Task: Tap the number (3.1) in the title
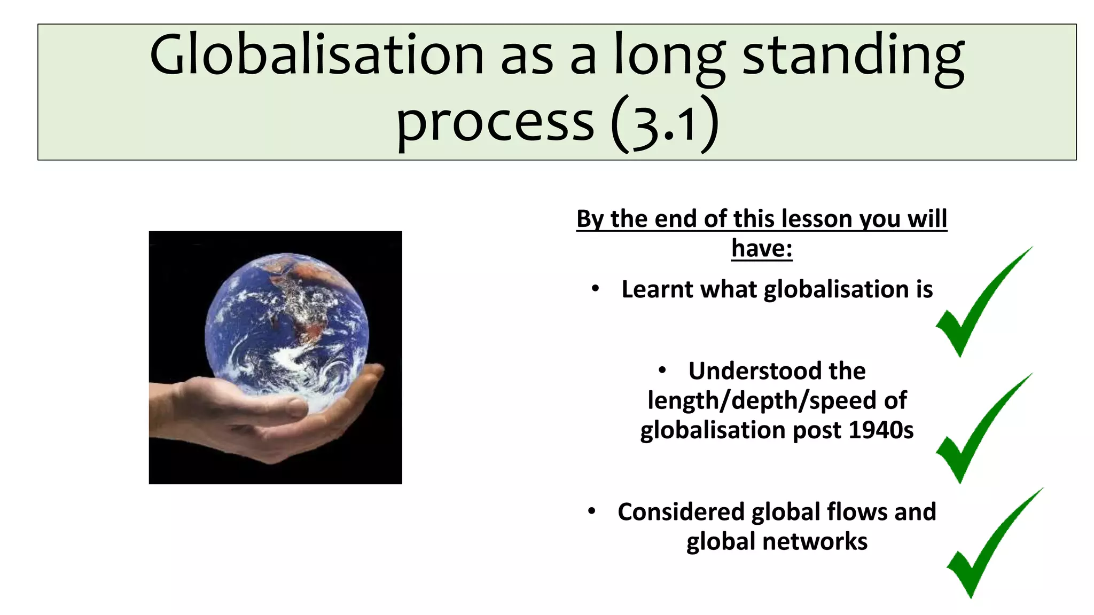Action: pyautogui.click(x=665, y=124)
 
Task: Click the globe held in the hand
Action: pyautogui.click(x=287, y=331)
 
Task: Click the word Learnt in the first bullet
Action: pyautogui.click(x=658, y=289)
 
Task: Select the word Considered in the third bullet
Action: pyautogui.click(x=681, y=512)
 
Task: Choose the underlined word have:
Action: pyautogui.click(x=762, y=248)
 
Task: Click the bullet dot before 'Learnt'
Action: pyautogui.click(x=596, y=289)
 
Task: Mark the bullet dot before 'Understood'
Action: pyautogui.click(x=662, y=370)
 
